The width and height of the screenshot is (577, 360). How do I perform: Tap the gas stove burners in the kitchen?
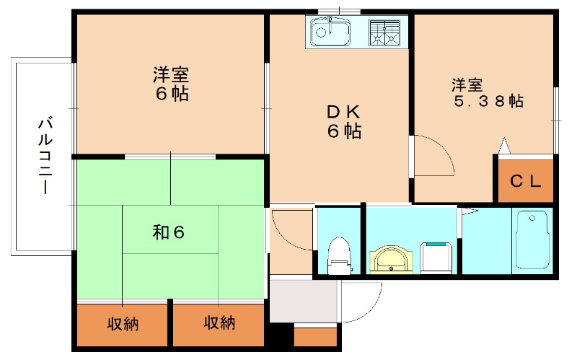pyautogui.click(x=384, y=31)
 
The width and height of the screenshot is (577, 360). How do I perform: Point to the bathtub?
pyautogui.click(x=532, y=240)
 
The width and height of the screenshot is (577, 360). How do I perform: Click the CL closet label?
pyautogui.click(x=525, y=181)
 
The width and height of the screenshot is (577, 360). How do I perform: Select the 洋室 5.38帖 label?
pyautogui.click(x=487, y=92)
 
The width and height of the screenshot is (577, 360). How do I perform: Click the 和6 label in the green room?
pyautogui.click(x=169, y=232)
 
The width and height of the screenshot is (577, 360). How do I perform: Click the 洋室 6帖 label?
pyautogui.click(x=171, y=84)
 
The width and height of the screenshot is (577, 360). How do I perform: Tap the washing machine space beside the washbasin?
pyautogui.click(x=436, y=258)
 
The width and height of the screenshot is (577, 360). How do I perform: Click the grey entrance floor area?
pyautogui.click(x=303, y=300)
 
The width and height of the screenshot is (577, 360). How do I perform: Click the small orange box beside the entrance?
pyautogui.click(x=316, y=336)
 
